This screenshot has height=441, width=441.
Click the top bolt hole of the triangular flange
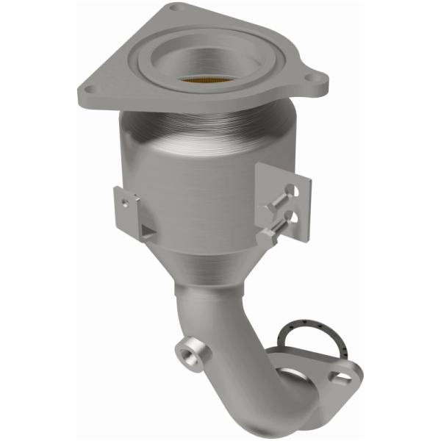click(173, 8)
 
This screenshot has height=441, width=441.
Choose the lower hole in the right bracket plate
click(293, 217)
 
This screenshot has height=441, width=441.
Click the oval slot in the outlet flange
click(341, 377)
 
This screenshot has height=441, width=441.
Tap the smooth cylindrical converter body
click(198, 191)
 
